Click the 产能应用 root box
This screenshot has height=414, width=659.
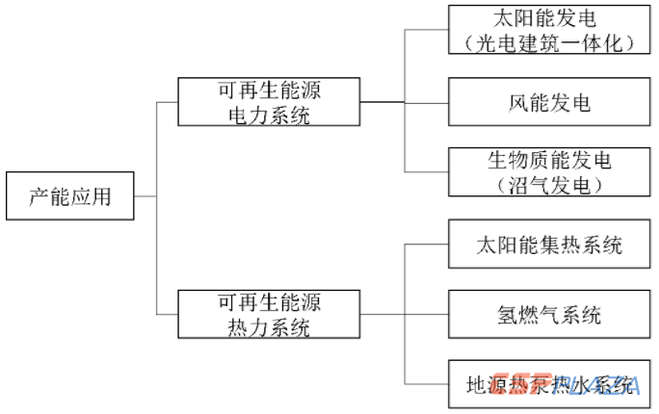[69, 196]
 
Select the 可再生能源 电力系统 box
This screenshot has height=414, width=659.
[269, 101]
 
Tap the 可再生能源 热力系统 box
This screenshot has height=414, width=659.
[269, 315]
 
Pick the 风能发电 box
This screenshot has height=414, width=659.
[549, 101]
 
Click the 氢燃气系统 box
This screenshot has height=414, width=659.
[549, 315]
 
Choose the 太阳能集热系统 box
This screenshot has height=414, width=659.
[549, 244]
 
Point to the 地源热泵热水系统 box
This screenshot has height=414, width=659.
[549, 385]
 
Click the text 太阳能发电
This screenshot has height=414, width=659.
[549, 20]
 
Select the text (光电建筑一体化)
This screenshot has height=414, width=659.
[549, 42]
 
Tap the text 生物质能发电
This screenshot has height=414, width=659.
[549, 160]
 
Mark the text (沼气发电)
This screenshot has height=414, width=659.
[549, 183]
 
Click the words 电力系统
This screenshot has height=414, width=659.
[269, 114]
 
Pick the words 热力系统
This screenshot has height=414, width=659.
[269, 327]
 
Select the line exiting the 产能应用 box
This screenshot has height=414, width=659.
[145, 196]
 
